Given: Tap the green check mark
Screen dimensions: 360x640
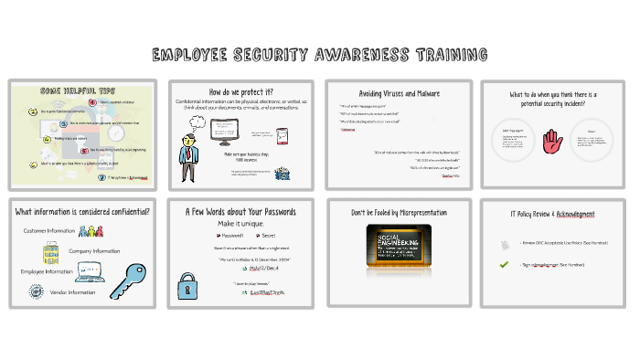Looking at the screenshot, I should coord(504,264).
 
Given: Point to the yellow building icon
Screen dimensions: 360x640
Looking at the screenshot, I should coord(51,252).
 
